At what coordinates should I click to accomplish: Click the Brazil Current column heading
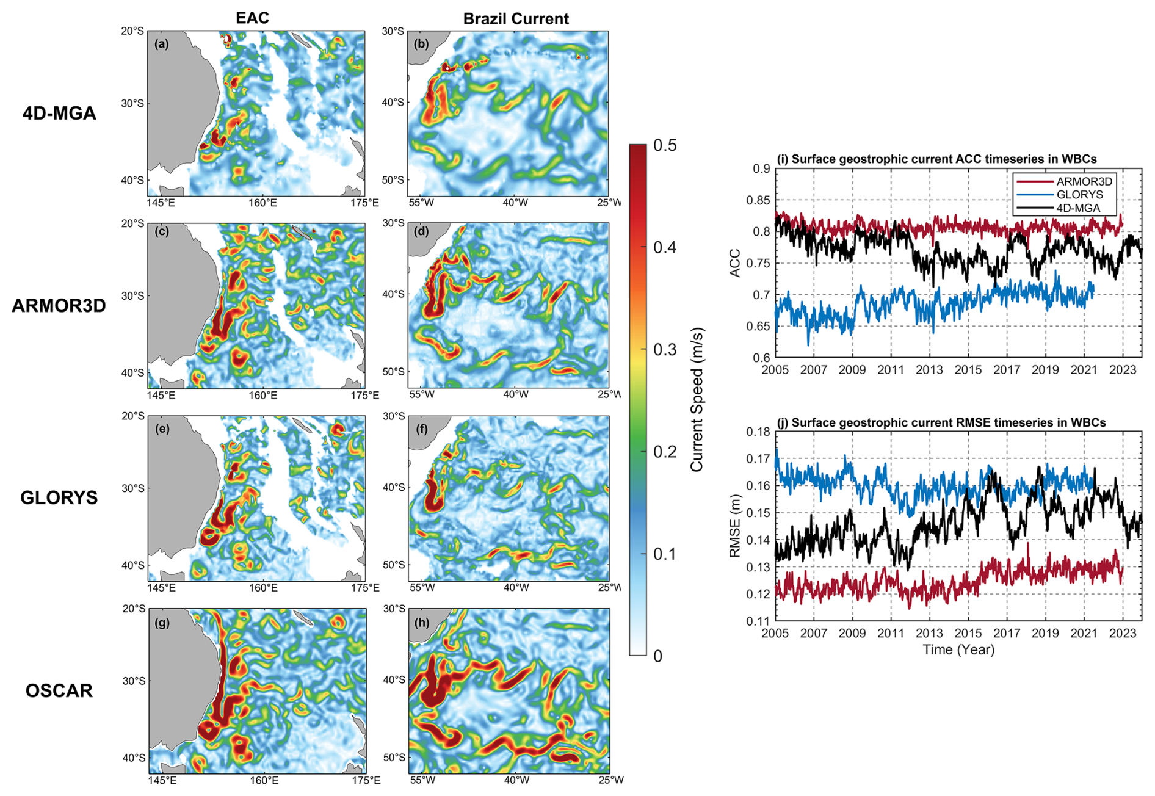pyautogui.click(x=516, y=18)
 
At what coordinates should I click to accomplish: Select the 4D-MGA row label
pyautogui.click(x=59, y=113)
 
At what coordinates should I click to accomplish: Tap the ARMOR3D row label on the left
pyautogui.click(x=59, y=305)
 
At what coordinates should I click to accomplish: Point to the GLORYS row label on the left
pyautogui.click(x=59, y=497)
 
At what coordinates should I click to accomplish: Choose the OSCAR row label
pyautogui.click(x=59, y=690)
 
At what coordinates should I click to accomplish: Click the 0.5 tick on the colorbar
pyautogui.click(x=664, y=145)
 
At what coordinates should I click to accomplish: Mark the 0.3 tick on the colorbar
pyautogui.click(x=664, y=349)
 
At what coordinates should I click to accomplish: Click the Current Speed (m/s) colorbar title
pyautogui.click(x=697, y=400)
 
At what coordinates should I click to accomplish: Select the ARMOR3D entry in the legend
pyautogui.click(x=1084, y=181)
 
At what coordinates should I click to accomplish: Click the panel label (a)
pyautogui.click(x=162, y=44)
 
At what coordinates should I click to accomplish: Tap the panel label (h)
pyautogui.click(x=422, y=623)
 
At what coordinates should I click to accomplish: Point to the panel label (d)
pyautogui.click(x=421, y=231)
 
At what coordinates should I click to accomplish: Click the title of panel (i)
pyautogui.click(x=936, y=159)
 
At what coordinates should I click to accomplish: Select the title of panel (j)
pyautogui.click(x=941, y=422)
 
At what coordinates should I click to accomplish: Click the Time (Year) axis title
pyautogui.click(x=958, y=649)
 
